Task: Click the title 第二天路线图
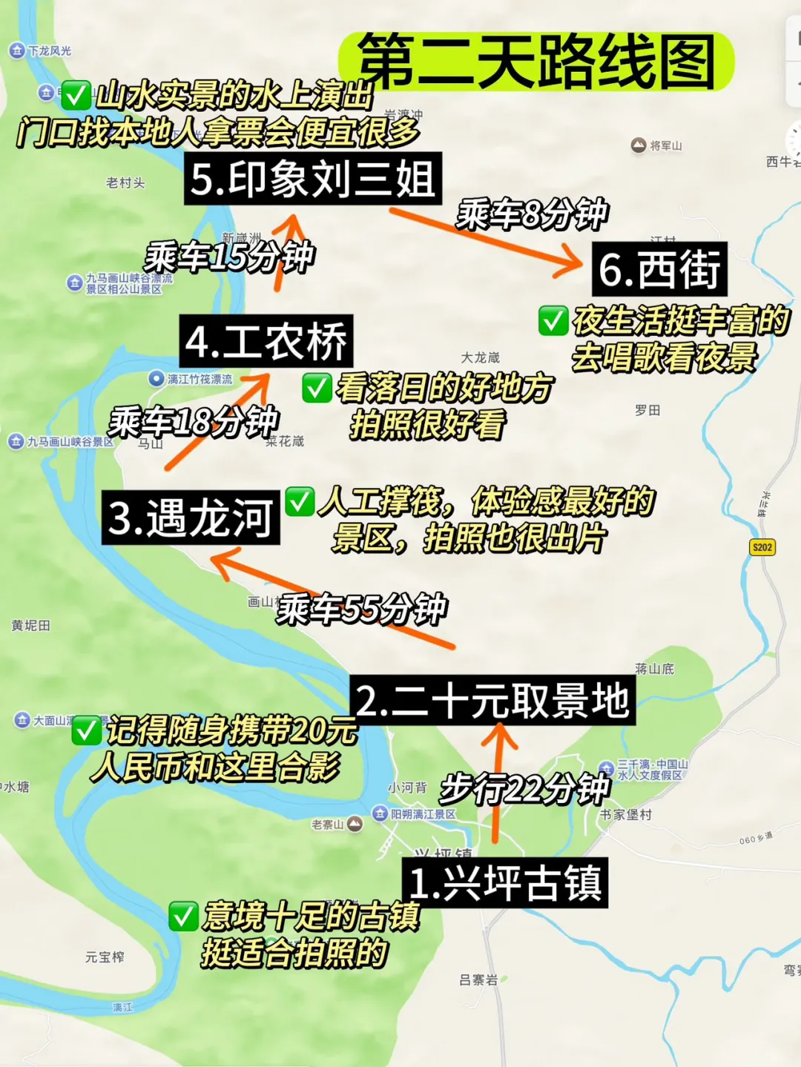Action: click(535, 62)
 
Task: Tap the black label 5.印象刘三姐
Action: click(312, 179)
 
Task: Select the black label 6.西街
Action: click(659, 269)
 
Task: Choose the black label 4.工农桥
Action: click(266, 342)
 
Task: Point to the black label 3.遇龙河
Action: click(191, 518)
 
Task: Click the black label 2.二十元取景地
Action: click(492, 701)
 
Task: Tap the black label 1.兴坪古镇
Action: click(504, 883)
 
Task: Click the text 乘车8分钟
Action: click(532, 215)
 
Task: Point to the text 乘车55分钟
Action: click(362, 610)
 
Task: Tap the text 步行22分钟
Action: click(524, 788)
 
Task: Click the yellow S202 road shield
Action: click(762, 547)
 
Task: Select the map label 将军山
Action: click(665, 146)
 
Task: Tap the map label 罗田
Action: click(647, 410)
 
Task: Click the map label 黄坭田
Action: click(31, 626)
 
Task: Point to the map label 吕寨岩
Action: click(478, 980)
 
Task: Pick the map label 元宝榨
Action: click(105, 957)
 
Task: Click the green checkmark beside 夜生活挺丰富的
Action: click(553, 320)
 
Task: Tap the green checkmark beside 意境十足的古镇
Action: click(183, 916)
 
